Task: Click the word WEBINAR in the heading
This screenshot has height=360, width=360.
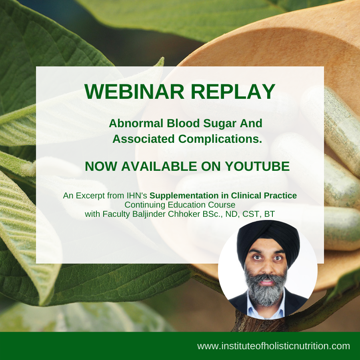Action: pyautogui.click(x=134, y=91)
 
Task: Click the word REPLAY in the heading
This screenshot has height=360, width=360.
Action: pyautogui.click(x=233, y=91)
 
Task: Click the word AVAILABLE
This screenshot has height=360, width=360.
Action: pyautogui.click(x=159, y=166)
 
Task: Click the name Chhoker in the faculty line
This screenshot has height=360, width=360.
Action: pyautogui.click(x=184, y=214)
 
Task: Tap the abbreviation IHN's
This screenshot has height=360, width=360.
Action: pyautogui.click(x=137, y=196)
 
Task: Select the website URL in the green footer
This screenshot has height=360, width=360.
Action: pyautogui.click(x=274, y=346)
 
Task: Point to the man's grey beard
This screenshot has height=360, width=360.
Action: pyautogui.click(x=266, y=289)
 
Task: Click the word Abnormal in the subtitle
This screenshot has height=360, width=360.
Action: pyautogui.click(x=136, y=123)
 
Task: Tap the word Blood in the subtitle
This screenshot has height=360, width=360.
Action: pyautogui.click(x=183, y=123)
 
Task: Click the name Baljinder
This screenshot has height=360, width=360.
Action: pyautogui.click(x=149, y=214)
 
